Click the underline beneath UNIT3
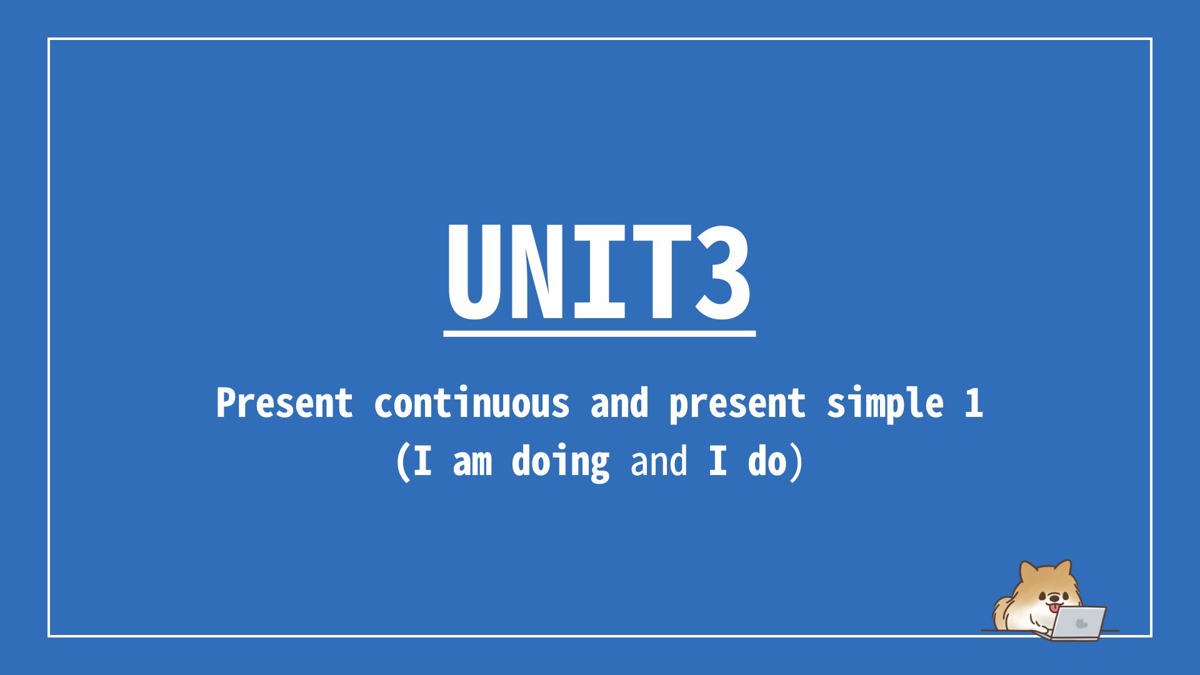(599, 334)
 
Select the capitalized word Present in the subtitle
(284, 403)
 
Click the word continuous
(472, 403)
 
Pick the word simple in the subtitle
(885, 404)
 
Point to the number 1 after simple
(973, 403)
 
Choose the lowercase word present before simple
(737, 405)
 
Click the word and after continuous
(619, 403)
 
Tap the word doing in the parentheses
(561, 462)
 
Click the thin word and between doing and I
(659, 461)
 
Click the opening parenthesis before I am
(403, 462)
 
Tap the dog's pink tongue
(1054, 608)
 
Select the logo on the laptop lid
(1081, 623)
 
